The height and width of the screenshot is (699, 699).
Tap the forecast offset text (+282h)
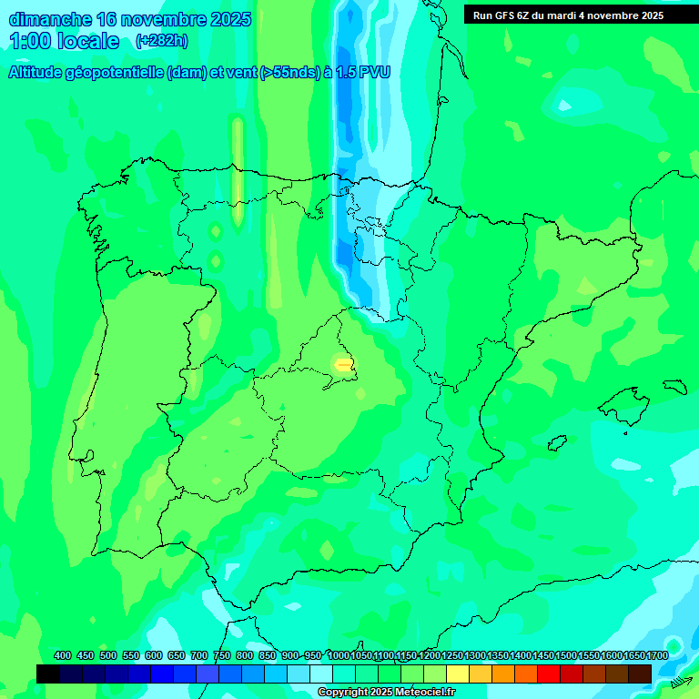click(x=161, y=41)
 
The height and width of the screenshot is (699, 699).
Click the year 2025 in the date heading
click(x=229, y=19)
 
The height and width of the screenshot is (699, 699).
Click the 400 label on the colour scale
click(x=63, y=655)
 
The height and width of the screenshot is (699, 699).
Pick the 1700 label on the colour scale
click(x=657, y=655)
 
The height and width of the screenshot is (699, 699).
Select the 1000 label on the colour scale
click(x=339, y=655)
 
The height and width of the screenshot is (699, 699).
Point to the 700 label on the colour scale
click(x=199, y=655)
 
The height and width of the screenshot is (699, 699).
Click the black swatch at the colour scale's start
click(x=48, y=674)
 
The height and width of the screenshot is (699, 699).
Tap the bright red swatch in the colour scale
click(x=549, y=674)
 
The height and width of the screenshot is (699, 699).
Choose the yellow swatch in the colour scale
click(x=458, y=674)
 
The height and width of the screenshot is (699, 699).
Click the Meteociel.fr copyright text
click(x=386, y=693)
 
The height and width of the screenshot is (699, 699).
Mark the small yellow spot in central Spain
click(x=343, y=364)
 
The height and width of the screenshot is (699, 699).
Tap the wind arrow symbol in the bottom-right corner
click(x=680, y=681)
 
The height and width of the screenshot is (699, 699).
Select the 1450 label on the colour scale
click(x=543, y=655)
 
